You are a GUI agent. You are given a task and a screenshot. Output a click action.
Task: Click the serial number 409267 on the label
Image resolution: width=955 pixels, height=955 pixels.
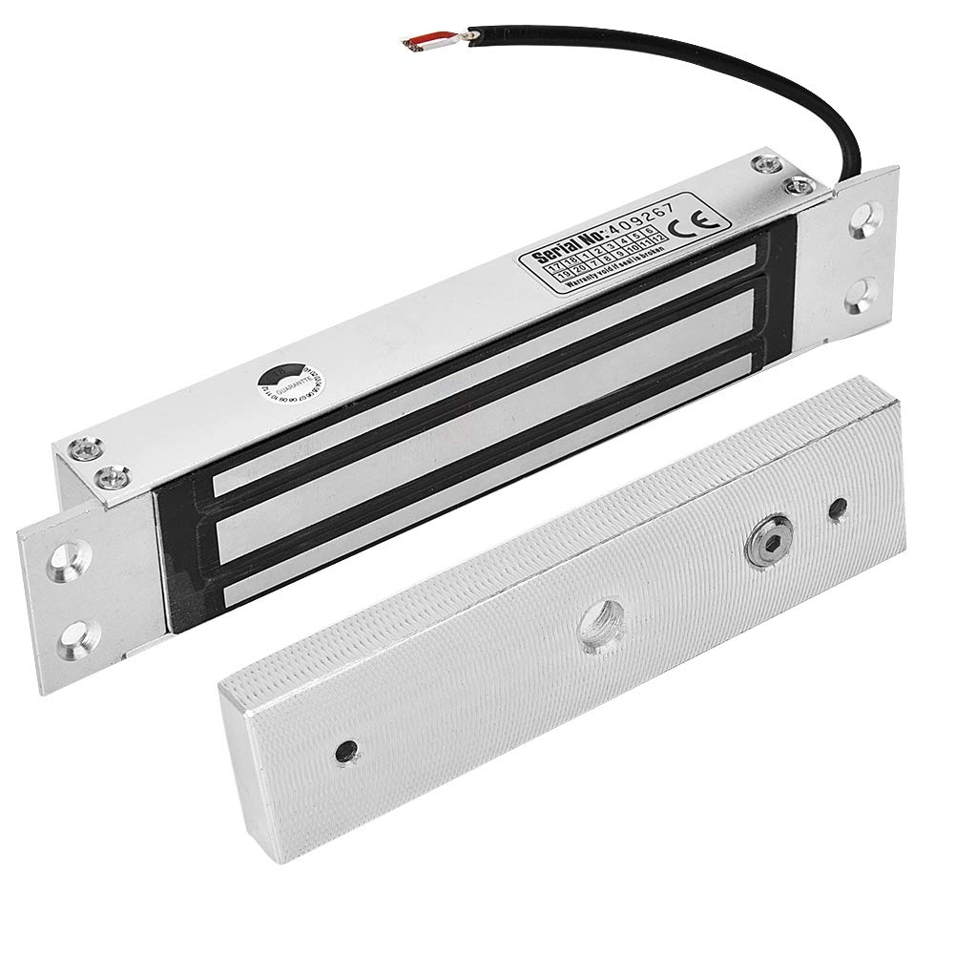tap(626, 218)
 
